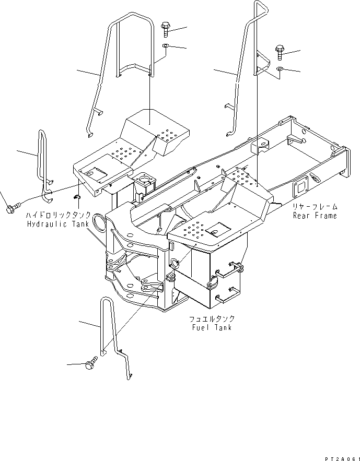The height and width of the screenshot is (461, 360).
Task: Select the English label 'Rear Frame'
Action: point(315,215)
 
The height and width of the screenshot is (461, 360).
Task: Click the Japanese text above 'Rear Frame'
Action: point(315,207)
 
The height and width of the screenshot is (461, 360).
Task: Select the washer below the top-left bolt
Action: point(165,46)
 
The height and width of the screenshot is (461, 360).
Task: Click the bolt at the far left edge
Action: point(10,209)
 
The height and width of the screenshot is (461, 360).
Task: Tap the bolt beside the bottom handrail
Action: point(91,363)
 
